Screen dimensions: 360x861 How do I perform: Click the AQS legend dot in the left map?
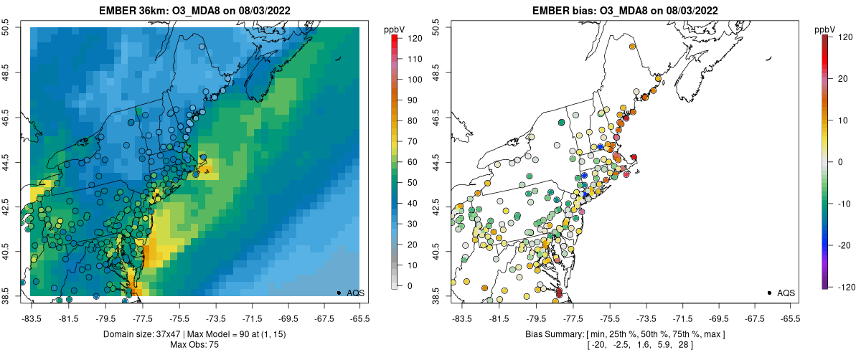339,293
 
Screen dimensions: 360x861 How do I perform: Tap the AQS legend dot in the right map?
769,293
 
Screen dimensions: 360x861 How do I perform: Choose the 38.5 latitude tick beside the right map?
439,296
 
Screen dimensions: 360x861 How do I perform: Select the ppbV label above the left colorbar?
395,29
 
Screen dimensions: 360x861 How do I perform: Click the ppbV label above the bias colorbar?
826,29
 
